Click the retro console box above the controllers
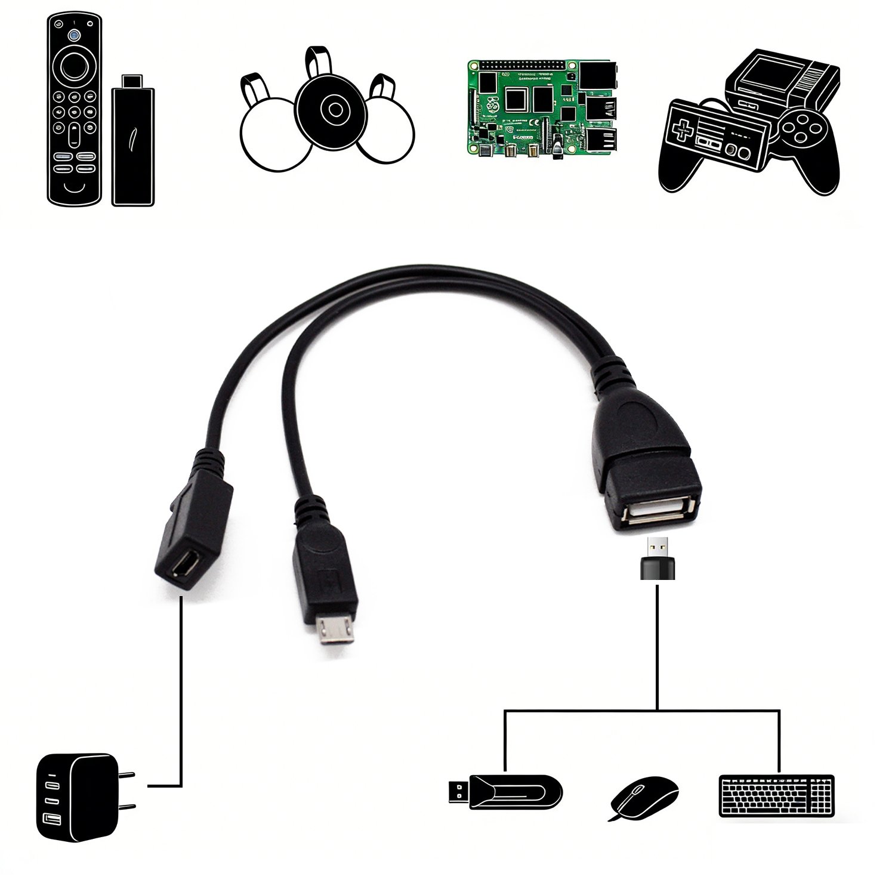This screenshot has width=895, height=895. coord(782,84)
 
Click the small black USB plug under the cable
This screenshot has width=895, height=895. coord(657,558)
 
